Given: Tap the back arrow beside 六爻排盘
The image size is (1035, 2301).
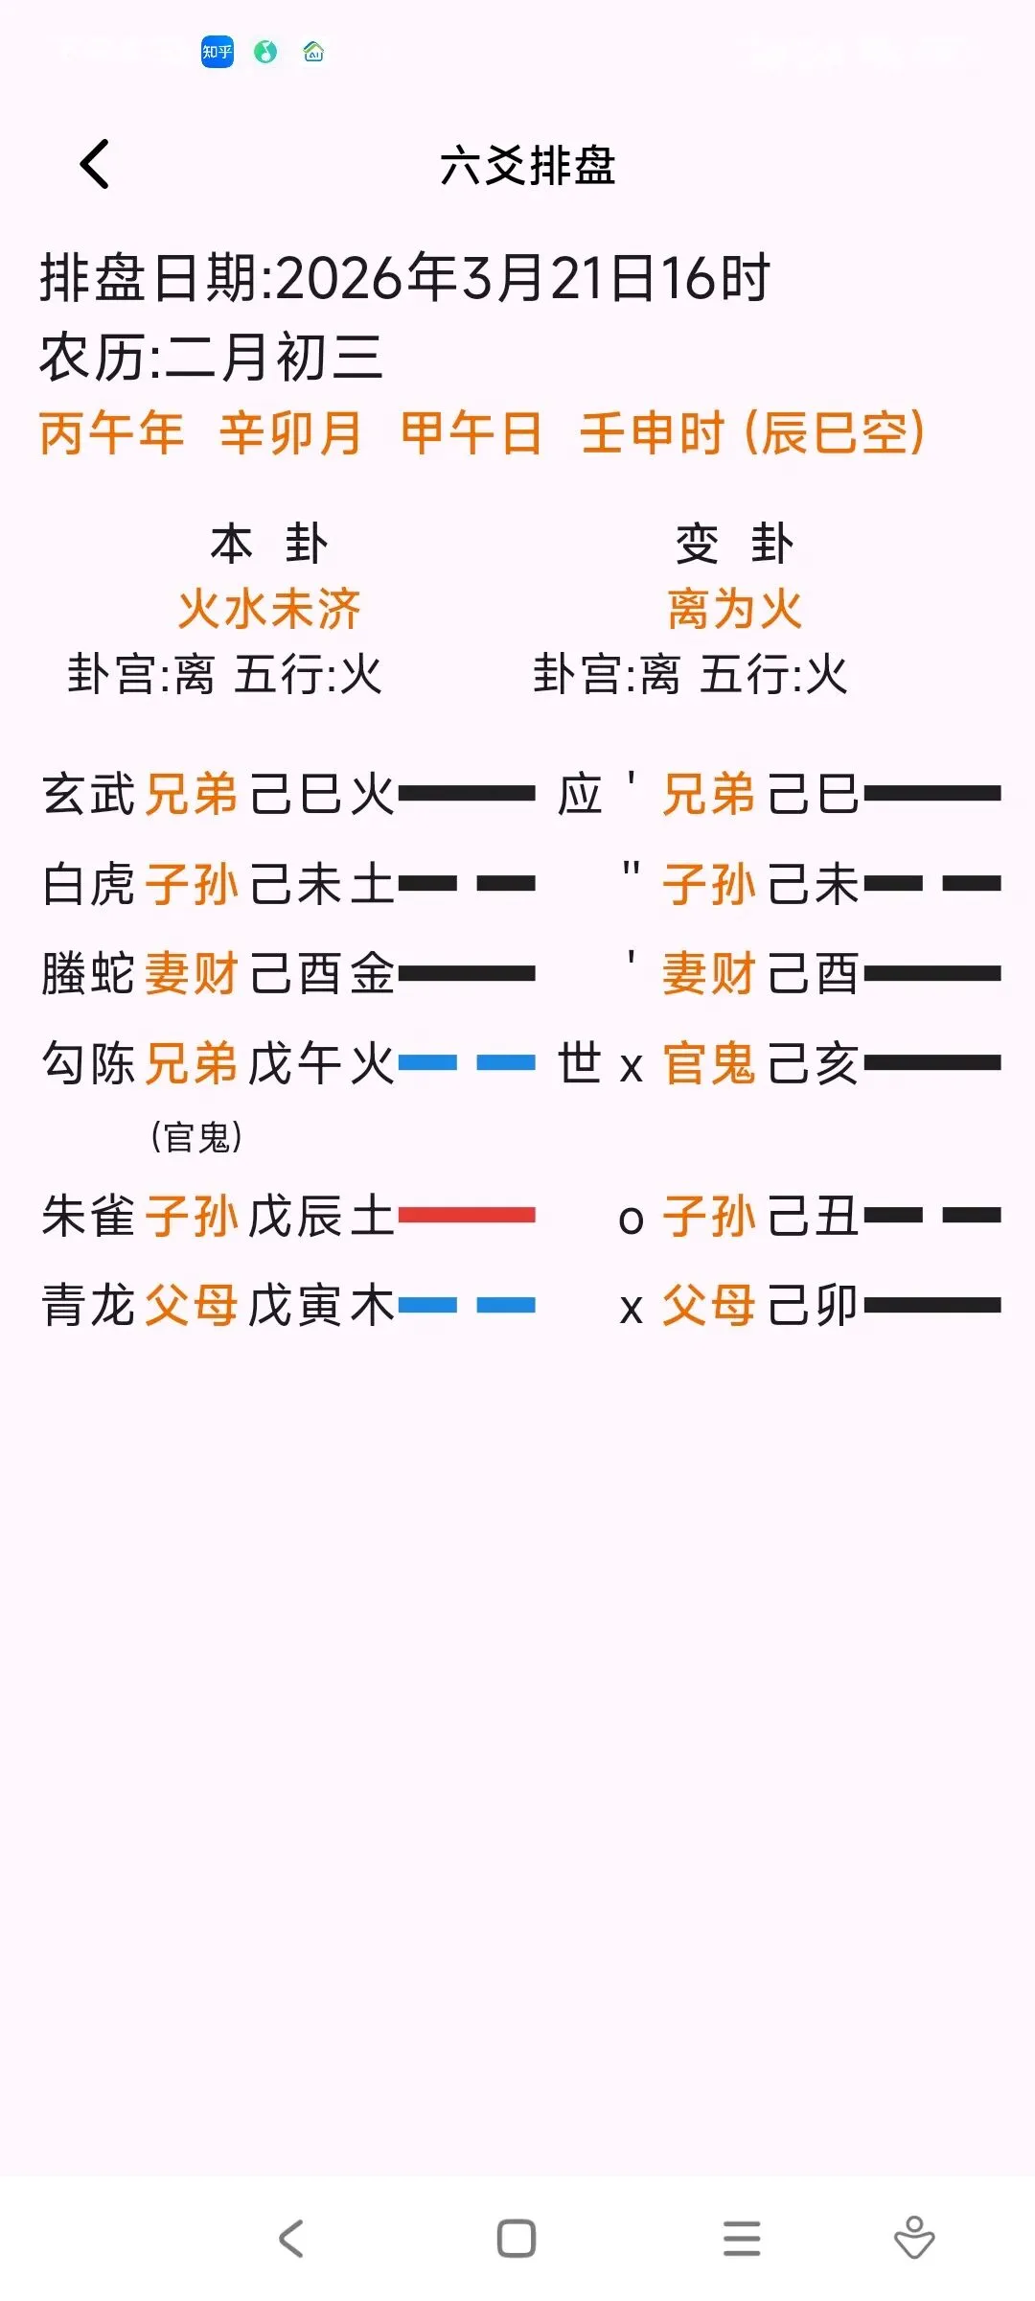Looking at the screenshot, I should (94, 164).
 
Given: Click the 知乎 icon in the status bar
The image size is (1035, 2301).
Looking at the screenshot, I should (218, 52).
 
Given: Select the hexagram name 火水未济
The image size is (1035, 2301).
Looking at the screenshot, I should (269, 609).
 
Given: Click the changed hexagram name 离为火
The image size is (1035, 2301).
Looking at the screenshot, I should (735, 609).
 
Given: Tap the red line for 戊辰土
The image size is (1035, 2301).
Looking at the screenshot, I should (467, 1215).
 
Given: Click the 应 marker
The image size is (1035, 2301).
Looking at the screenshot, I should (580, 795).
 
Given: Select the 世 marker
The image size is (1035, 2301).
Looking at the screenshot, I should (580, 1063).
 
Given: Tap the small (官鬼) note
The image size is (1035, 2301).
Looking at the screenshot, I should (196, 1137).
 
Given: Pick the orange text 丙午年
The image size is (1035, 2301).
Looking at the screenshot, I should (111, 432).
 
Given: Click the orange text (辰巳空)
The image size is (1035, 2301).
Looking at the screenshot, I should (834, 432).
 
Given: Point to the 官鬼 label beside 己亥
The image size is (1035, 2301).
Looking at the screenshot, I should (709, 1063).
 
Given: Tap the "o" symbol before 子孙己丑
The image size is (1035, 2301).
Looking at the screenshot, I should (631, 1219).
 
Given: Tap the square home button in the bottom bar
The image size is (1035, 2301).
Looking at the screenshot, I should (517, 2239).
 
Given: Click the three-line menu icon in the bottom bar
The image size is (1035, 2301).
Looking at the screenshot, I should (742, 2239).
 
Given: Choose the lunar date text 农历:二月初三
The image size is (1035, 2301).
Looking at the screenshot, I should (212, 357).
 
